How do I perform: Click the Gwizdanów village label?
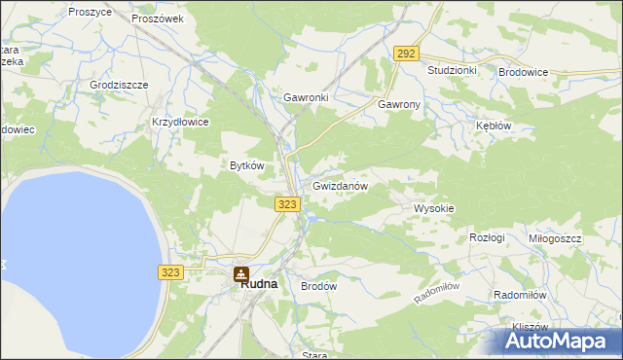click(x=340, y=186)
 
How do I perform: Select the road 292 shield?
click(x=407, y=54)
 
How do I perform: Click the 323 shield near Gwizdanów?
click(x=286, y=203)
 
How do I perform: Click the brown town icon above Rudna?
click(x=239, y=275)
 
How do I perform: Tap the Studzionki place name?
click(x=452, y=71)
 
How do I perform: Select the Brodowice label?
click(x=524, y=72)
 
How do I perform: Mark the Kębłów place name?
click(x=493, y=126)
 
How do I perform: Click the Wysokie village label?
click(x=434, y=209)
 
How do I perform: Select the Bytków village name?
click(x=247, y=165)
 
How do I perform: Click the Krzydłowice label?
click(x=180, y=122)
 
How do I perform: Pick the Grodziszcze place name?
click(x=119, y=85)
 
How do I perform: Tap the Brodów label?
click(x=318, y=287)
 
